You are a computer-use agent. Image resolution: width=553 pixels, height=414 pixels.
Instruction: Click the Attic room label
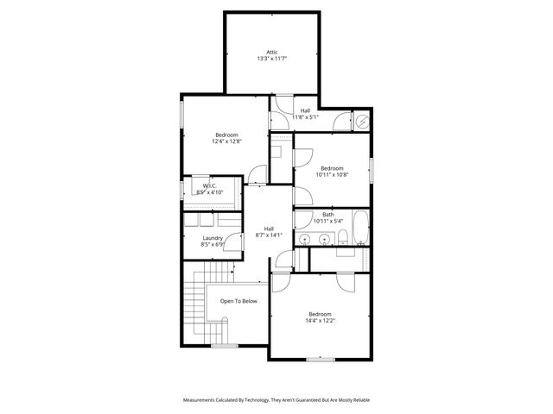pos(271,51)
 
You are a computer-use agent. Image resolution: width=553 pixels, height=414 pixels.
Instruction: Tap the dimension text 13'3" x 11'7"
pos(271,59)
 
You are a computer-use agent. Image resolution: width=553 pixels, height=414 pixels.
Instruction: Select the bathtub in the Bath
pos(360,227)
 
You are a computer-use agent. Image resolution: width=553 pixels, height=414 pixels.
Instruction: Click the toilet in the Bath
pos(343,237)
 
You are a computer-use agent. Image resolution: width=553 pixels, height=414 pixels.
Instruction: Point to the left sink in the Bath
pos(306,239)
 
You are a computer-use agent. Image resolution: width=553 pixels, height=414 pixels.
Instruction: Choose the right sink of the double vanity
pos(324,239)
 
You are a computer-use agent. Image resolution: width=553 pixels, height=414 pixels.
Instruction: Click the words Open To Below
pos(238,301)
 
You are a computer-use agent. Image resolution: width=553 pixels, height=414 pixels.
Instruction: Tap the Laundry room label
pos(213,238)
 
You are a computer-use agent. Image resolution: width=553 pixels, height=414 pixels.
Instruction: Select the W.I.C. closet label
pos(210,185)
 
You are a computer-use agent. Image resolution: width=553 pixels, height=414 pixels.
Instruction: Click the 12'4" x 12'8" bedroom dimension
pos(226,141)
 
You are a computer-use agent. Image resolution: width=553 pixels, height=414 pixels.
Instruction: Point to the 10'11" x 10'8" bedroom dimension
pos(332,175)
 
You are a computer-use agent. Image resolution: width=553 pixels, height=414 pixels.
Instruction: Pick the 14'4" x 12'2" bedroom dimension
pos(319,321)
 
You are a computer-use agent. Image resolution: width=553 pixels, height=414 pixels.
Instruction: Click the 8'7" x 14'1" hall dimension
pos(269,235)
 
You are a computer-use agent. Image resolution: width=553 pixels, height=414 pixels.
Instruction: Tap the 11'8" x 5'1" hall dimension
pos(306,117)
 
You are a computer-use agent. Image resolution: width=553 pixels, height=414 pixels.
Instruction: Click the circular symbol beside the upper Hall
pos(363,122)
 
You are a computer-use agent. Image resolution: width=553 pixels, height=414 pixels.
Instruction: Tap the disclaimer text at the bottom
pos(276,400)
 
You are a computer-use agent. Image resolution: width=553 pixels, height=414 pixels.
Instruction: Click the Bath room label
pos(328,214)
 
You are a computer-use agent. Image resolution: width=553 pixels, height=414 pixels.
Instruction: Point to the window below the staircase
pos(225,345)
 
